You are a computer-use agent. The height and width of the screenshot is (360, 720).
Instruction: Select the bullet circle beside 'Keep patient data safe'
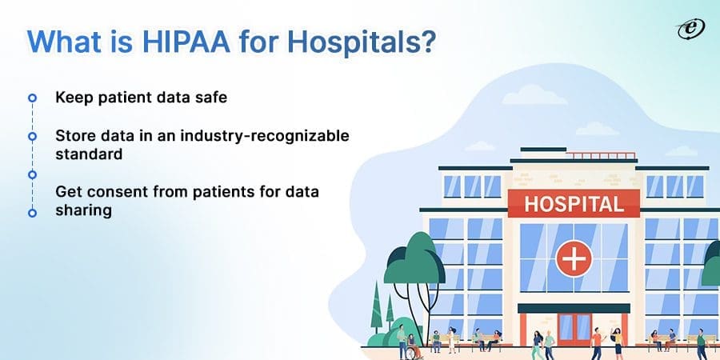32,98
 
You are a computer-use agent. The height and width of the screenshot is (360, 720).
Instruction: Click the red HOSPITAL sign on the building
574,203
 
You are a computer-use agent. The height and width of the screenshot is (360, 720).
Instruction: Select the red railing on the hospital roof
574,152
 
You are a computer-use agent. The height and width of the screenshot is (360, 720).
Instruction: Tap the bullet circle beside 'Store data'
32,136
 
